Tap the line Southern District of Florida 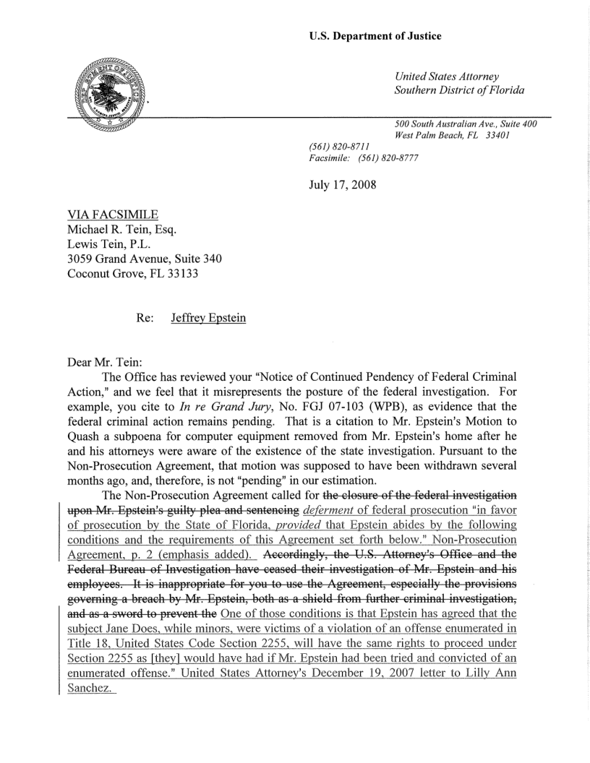click(x=459, y=90)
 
